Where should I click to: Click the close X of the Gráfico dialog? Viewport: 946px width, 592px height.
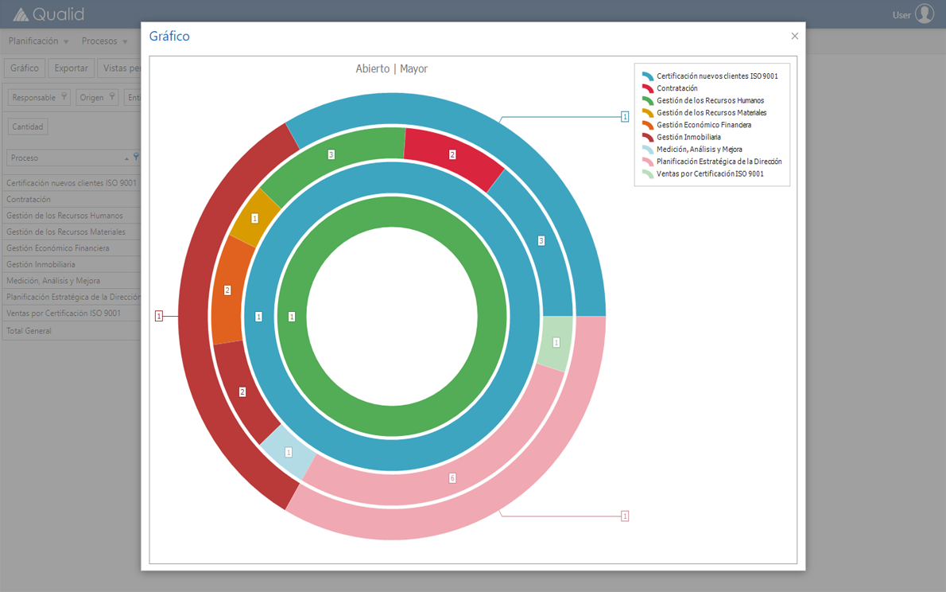click(794, 36)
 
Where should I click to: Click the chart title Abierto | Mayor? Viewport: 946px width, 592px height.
click(391, 69)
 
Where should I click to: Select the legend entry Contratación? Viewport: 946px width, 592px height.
click(677, 88)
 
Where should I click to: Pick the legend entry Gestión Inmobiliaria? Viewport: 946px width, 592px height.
click(688, 137)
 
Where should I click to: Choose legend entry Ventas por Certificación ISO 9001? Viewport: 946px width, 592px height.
click(709, 173)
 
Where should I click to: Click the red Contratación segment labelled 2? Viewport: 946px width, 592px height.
click(452, 155)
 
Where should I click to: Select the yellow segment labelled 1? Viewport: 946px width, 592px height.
click(255, 218)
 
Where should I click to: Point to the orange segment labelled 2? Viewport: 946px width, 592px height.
click(227, 290)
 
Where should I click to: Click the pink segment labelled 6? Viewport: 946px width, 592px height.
click(452, 478)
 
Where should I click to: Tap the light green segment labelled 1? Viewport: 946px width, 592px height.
click(556, 343)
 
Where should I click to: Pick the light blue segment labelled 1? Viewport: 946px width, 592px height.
click(289, 452)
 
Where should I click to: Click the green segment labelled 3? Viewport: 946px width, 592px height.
click(331, 154)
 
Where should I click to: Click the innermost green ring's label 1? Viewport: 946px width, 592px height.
click(292, 317)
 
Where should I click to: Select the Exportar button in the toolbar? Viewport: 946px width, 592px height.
click(71, 68)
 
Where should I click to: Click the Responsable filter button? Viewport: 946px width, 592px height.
click(39, 98)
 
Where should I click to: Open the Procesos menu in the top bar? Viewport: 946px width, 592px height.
click(103, 41)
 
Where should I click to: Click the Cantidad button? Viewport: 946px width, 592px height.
click(28, 127)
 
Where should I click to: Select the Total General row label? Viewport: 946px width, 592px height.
click(29, 331)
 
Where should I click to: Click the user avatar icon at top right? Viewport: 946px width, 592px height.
click(924, 14)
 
